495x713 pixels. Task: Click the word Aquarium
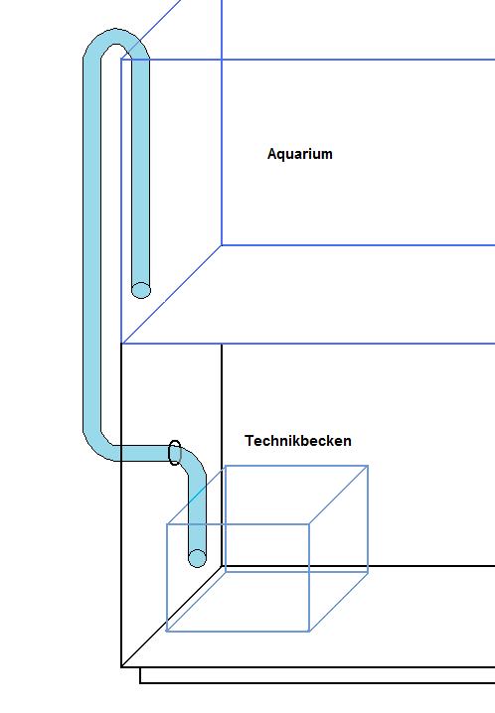[300, 154]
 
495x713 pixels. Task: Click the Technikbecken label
[298, 441]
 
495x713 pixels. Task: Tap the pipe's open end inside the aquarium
[141, 290]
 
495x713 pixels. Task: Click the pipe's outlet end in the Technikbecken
[197, 558]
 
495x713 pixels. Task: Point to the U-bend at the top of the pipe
[116, 37]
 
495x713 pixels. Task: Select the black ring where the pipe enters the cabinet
[175, 453]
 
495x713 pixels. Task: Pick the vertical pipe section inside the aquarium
[140, 173]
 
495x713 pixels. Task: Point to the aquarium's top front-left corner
[121, 60]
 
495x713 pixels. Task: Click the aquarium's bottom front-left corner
[121, 344]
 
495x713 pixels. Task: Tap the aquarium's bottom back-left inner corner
[222, 245]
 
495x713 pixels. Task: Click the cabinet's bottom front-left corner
[121, 666]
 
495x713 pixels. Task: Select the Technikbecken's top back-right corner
[368, 466]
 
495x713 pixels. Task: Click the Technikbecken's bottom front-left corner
[167, 632]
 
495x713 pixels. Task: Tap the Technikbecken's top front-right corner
[309, 524]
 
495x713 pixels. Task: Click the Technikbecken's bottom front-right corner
[309, 632]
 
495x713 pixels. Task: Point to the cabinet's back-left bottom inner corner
[222, 567]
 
